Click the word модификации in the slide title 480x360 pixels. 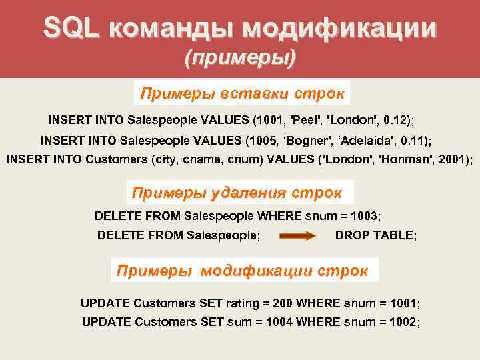tap(339, 27)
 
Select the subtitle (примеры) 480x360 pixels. tap(240, 57)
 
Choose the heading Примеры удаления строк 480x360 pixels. tap(237, 193)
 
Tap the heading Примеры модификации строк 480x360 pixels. tap(242, 271)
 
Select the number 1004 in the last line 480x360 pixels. tap(279, 322)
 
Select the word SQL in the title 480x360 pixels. tap(71, 27)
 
